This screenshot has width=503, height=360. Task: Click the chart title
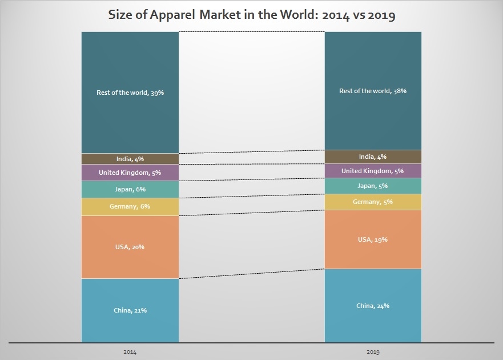coord(252,15)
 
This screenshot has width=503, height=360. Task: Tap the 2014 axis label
coord(130,351)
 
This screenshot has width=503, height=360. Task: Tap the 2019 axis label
coord(373,351)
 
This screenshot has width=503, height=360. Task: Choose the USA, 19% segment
coord(373,251)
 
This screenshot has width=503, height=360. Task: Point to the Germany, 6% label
coord(130,206)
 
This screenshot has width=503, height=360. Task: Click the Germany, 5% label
coord(373,202)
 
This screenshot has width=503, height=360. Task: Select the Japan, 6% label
coord(130,189)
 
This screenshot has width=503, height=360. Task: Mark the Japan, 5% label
coord(373,186)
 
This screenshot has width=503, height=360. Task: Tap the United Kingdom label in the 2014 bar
coord(130,172)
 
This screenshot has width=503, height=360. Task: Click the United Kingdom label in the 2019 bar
coord(373,171)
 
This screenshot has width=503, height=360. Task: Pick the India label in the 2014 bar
coord(130,159)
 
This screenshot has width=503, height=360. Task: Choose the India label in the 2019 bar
coord(373,157)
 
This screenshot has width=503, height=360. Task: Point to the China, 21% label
coord(130,310)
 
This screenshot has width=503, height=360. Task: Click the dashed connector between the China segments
coord(252,274)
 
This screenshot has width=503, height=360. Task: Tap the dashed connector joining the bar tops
coord(252,31)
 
